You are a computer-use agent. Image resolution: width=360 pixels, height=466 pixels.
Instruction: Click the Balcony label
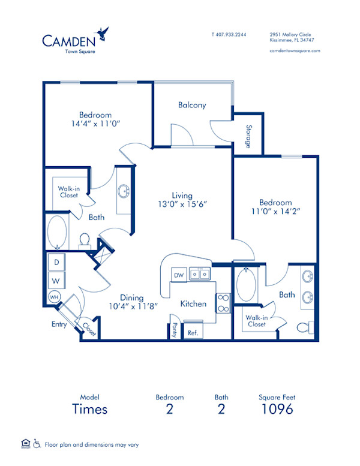click(x=192, y=105)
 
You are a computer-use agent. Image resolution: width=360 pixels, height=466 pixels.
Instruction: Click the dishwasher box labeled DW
click(x=178, y=275)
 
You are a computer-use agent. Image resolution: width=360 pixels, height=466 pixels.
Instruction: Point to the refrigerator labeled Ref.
click(x=193, y=332)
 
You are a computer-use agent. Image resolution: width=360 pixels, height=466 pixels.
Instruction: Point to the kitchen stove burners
click(x=223, y=302)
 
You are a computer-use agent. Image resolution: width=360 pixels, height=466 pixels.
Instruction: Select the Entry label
click(x=59, y=324)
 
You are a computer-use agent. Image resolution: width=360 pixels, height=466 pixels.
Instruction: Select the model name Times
click(x=90, y=410)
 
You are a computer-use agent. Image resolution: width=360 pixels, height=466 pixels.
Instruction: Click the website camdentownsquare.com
click(x=295, y=51)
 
